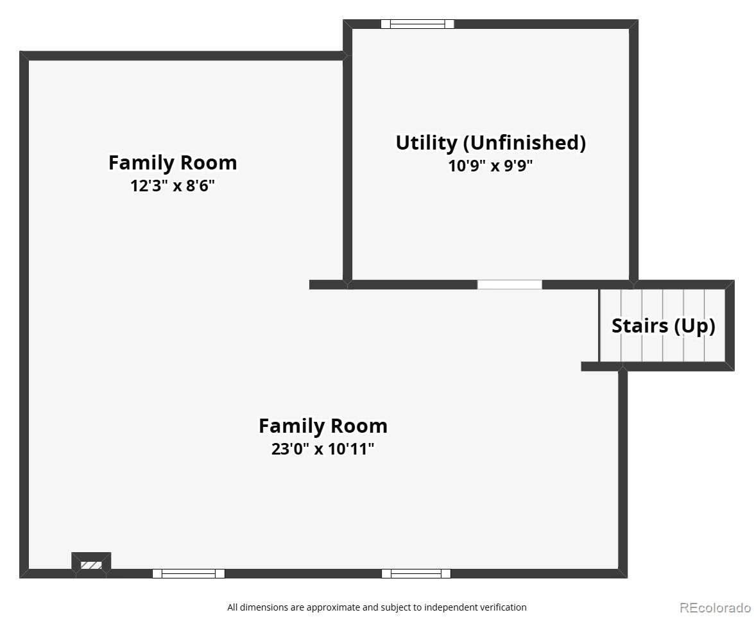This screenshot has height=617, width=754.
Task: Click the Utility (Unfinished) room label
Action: click(x=490, y=143)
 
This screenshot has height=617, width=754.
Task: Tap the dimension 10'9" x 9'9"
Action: click(x=490, y=166)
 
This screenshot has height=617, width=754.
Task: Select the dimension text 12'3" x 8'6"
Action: click(x=172, y=186)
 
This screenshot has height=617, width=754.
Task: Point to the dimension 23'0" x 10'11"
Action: click(x=322, y=449)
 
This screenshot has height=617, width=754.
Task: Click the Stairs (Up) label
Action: click(x=663, y=326)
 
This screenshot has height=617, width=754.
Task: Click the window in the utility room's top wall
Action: click(x=417, y=24)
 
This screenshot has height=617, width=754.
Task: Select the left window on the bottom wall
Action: click(x=188, y=573)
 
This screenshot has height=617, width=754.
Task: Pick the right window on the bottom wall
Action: click(x=416, y=573)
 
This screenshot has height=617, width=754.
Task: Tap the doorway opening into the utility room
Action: click(x=510, y=284)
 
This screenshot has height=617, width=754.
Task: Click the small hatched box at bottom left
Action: click(x=91, y=564)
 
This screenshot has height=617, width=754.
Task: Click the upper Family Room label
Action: click(x=172, y=162)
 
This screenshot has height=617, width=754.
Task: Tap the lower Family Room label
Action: click(x=322, y=426)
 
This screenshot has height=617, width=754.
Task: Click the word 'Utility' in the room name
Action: click(x=426, y=143)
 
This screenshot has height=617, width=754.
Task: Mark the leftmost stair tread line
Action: click(x=621, y=326)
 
